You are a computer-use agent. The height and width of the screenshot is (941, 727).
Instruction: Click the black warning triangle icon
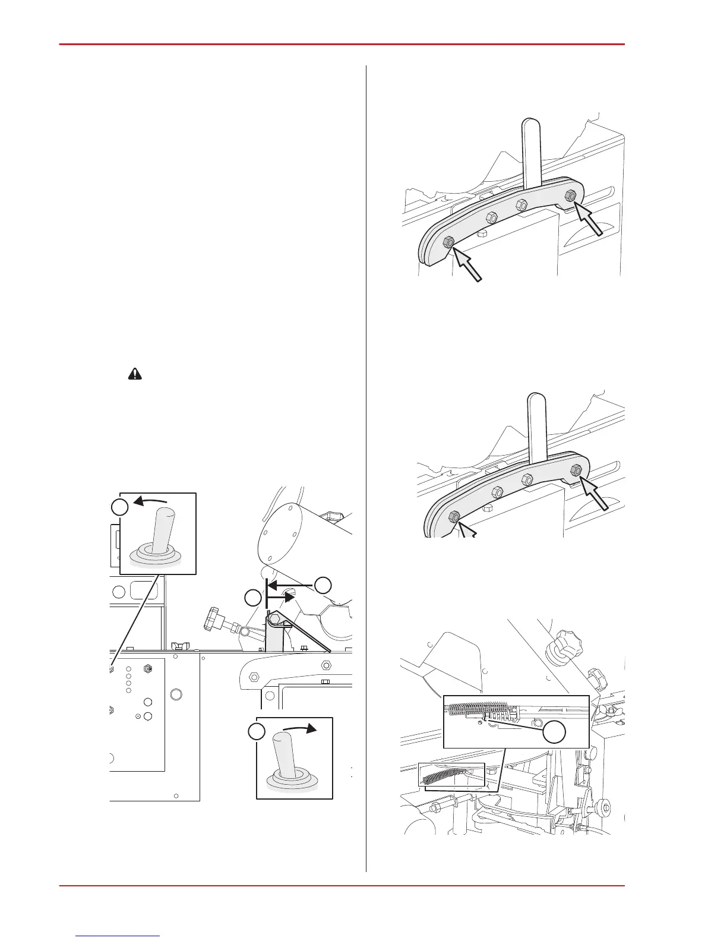click(136, 374)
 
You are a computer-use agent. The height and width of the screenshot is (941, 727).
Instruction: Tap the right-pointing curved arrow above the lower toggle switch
click(299, 727)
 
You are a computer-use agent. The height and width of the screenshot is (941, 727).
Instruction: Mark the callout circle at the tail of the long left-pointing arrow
click(323, 585)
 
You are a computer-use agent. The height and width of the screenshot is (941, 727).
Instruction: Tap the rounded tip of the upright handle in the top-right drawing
click(530, 125)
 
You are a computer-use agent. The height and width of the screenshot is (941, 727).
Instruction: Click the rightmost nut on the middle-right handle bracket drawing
click(576, 470)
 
